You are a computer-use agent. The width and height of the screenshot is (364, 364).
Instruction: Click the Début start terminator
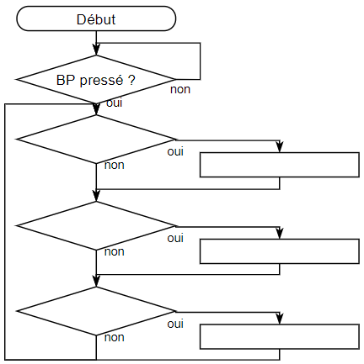tap(96, 18)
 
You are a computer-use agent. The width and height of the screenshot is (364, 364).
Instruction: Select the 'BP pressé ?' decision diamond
tap(96, 80)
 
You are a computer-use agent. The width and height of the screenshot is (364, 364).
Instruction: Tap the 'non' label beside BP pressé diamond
tap(180, 90)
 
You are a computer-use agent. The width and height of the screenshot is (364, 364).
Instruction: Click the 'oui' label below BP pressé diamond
tap(115, 103)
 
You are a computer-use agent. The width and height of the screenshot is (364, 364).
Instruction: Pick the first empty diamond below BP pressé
tap(96, 139)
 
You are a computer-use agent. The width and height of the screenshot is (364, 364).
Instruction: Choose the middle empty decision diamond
tap(96, 225)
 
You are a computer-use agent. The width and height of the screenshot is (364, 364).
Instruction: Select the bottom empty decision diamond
tap(96, 311)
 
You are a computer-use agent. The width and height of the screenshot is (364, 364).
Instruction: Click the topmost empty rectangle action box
tap(280, 165)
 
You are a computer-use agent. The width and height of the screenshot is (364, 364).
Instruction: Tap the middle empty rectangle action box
tap(280, 251)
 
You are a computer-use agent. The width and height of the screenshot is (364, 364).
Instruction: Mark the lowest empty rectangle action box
tap(280, 337)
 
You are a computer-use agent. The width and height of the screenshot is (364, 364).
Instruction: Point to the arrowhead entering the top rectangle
tap(280, 147)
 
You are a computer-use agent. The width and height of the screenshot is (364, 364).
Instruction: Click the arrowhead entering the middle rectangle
tap(280, 234)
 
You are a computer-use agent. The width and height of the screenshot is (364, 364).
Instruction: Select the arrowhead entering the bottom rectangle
tap(280, 319)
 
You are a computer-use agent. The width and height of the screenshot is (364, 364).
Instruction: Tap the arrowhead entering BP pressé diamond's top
tap(96, 50)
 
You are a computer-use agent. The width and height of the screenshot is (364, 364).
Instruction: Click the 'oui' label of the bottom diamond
tap(175, 324)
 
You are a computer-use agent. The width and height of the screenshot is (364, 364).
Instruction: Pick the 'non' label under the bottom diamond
tap(115, 337)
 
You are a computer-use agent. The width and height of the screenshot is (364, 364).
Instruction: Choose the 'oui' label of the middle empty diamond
tap(175, 238)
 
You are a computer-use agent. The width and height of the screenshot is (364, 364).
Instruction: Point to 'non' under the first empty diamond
tap(115, 166)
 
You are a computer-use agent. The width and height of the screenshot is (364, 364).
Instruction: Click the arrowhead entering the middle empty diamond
tap(96, 196)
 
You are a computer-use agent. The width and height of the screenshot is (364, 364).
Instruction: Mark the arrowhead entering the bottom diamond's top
tap(96, 282)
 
